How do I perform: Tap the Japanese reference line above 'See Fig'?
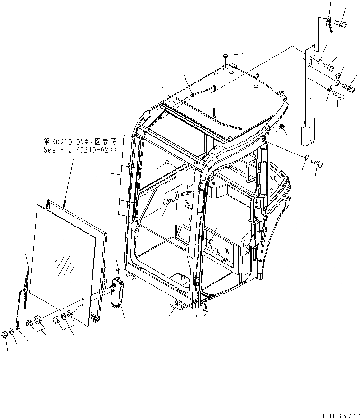click(79, 141)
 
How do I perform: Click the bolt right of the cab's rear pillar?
click(316, 164)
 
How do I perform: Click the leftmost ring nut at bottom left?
click(4, 334)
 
